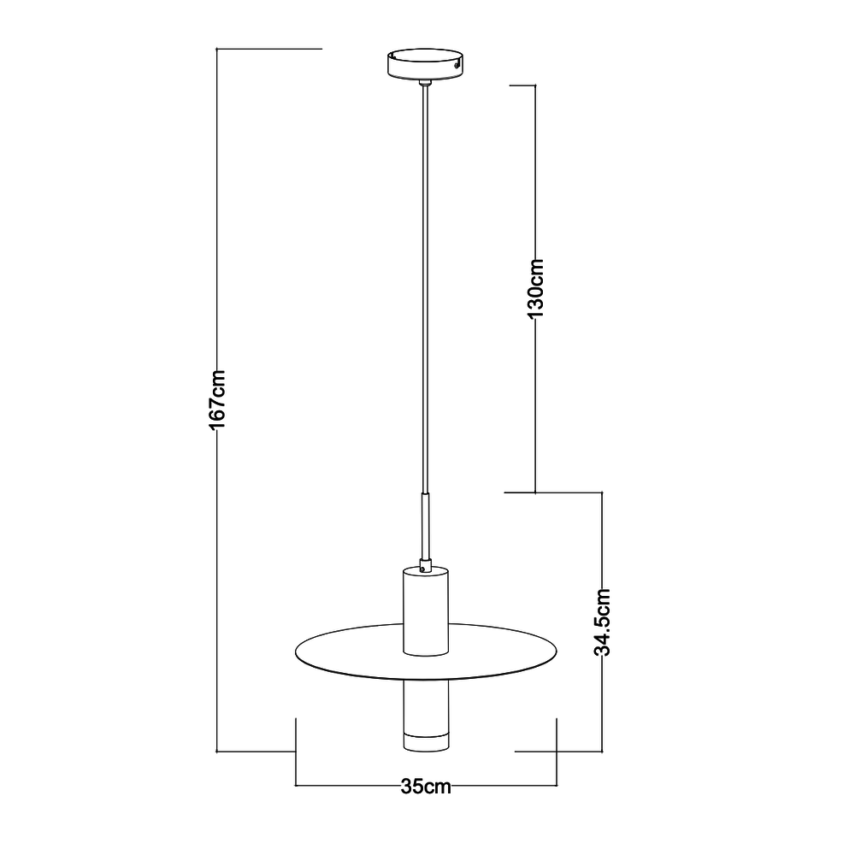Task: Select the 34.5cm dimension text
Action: tap(604, 622)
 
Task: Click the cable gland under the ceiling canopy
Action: tap(425, 83)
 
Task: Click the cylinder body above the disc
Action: tap(425, 611)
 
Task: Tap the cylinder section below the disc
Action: tap(425, 705)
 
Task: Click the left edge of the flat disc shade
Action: tap(296, 650)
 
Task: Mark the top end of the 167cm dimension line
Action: tap(219, 50)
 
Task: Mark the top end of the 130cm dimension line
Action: tap(536, 85)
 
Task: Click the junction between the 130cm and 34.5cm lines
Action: tap(536, 493)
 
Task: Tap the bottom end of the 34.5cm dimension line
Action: tap(604, 752)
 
